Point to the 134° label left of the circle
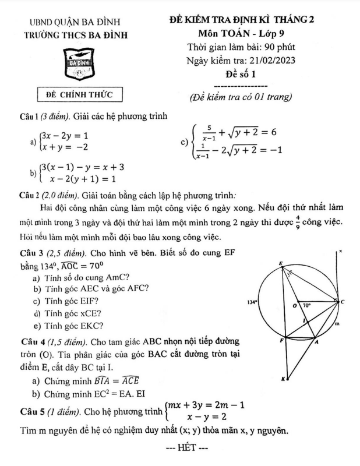(x=252, y=303)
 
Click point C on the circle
(x=342, y=302)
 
